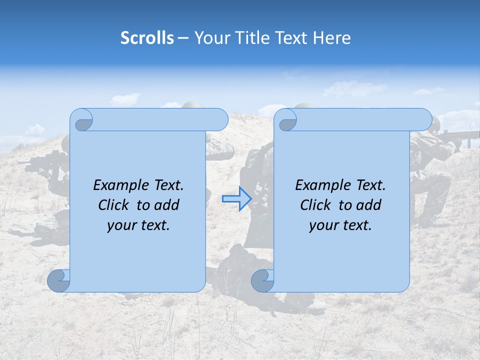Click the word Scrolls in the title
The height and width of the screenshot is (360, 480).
147,38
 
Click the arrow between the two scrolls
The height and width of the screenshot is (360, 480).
236,198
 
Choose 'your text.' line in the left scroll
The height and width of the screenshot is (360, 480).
138,225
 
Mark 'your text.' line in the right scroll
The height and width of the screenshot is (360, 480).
340,225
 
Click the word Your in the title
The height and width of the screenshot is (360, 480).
209,38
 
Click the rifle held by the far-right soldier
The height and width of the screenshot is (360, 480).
457,135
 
